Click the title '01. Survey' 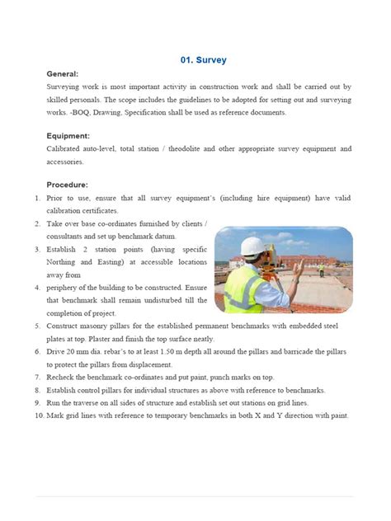tap(203, 60)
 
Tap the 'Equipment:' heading tap(68, 136)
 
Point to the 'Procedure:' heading tap(68, 185)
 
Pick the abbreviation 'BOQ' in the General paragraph tap(81, 112)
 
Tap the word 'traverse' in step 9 tap(92, 402)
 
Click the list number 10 tap(39, 415)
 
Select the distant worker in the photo tap(321, 268)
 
